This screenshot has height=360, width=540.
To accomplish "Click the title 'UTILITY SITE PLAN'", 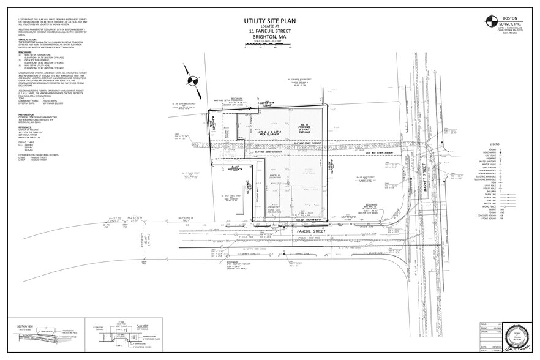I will pos(265,21).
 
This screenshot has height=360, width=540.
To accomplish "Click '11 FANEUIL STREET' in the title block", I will pos(265,32).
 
